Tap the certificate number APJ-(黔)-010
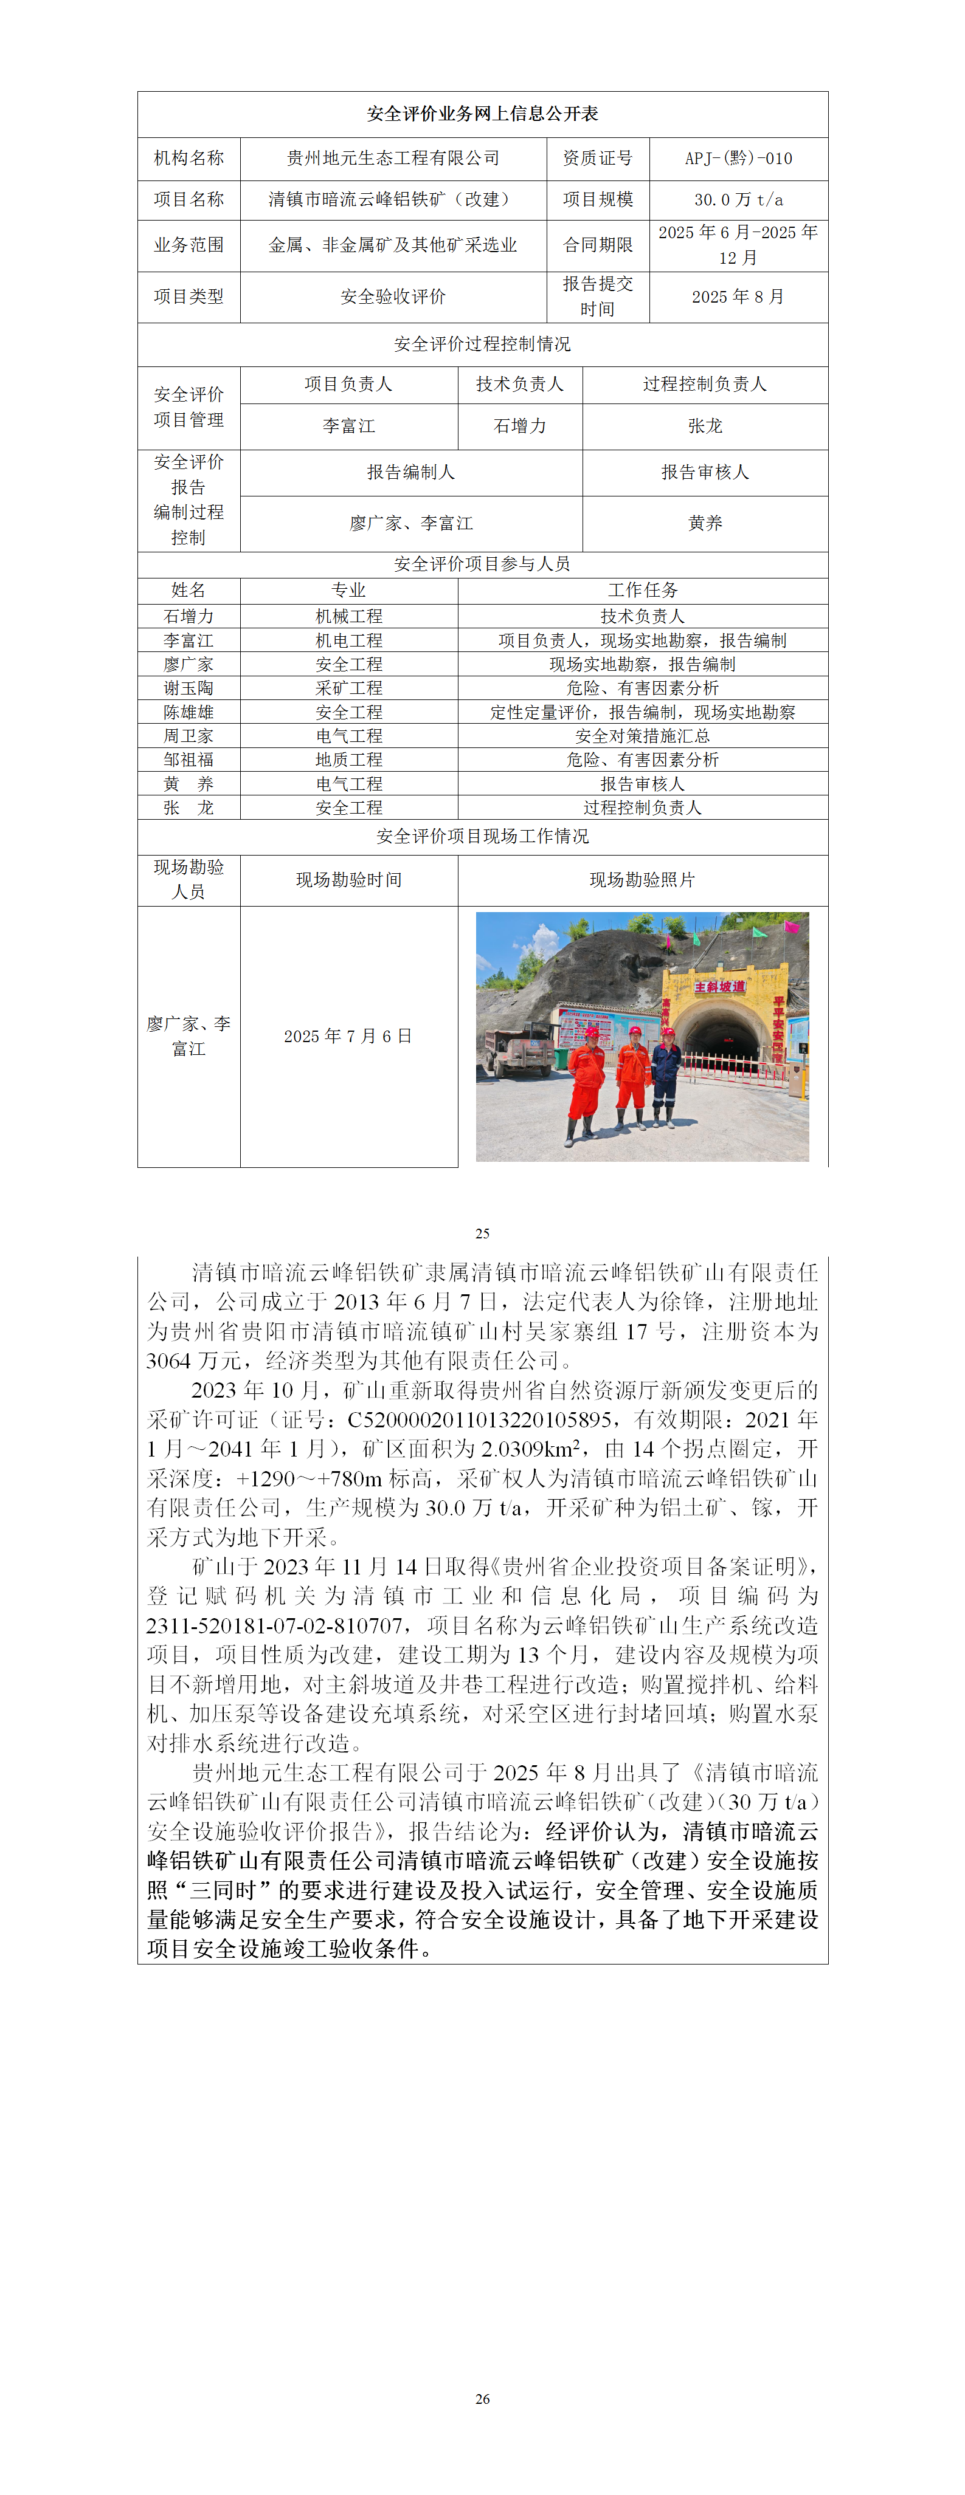coord(738,158)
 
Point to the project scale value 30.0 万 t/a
coord(738,199)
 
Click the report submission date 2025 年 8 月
coord(738,297)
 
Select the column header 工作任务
coord(642,590)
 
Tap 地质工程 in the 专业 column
coord(349,760)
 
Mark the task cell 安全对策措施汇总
coord(642,736)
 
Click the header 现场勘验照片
coord(642,879)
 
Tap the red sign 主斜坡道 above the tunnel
coord(719,986)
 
